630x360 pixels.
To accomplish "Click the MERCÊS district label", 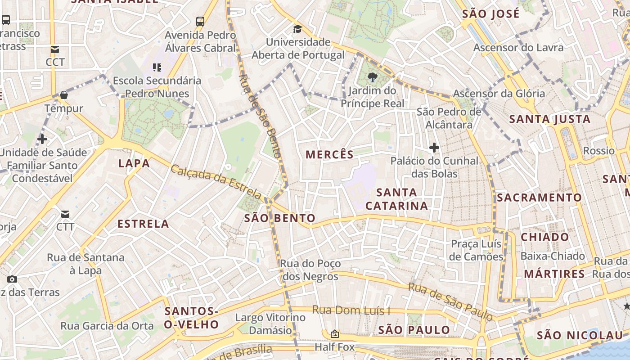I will (330, 155).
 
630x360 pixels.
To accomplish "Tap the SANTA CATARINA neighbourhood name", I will (396, 199).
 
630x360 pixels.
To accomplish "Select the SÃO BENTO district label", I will (279, 219).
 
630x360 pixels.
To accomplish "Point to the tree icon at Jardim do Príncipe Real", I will (372, 77).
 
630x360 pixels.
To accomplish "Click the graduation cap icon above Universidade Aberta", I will (297, 29).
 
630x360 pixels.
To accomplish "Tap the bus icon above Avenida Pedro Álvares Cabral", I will (200, 21).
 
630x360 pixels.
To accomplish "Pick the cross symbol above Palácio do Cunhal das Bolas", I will (434, 147).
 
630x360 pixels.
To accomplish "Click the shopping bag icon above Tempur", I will (64, 95).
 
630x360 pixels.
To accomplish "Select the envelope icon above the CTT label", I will (65, 214).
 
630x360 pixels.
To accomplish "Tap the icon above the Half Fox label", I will (334, 334).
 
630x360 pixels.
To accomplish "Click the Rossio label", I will (598, 150).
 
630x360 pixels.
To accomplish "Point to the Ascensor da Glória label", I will (499, 94).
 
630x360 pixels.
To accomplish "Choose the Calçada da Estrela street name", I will (216, 182).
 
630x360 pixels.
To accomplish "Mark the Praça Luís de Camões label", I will (477, 250).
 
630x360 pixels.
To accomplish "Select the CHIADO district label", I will (544, 237).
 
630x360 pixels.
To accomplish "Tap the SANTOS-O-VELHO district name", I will (191, 318).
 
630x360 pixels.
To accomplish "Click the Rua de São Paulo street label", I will (450, 302).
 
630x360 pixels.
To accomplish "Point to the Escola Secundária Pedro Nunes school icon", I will (157, 67).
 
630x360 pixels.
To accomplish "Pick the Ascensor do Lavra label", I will (518, 48).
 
